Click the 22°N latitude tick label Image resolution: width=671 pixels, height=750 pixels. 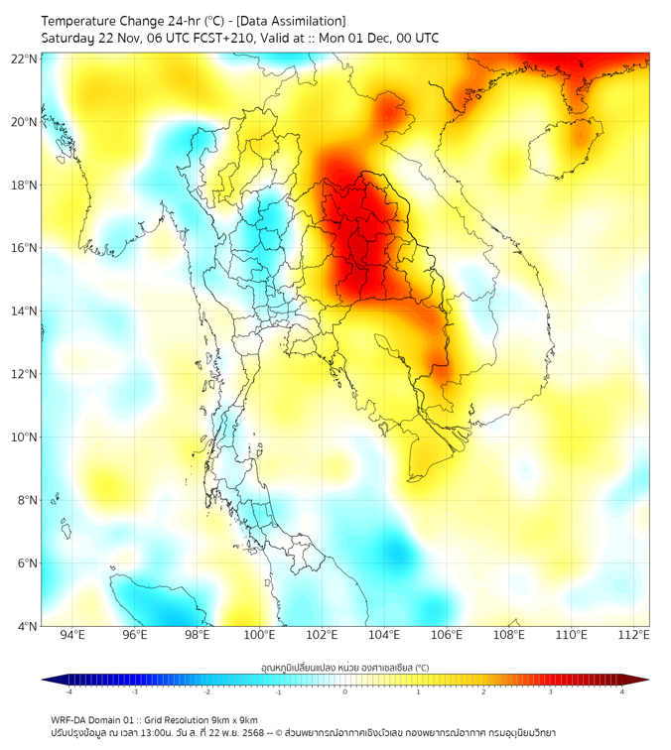click(x=24, y=60)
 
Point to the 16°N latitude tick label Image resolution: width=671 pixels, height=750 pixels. click(x=24, y=248)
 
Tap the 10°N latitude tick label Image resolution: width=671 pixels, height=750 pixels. click(x=24, y=437)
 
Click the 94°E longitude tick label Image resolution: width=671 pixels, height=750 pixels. click(x=72, y=636)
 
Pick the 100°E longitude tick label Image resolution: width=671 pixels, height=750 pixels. click(x=260, y=636)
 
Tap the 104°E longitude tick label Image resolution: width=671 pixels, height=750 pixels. click(x=385, y=636)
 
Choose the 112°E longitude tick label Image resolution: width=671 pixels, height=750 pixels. click(x=634, y=636)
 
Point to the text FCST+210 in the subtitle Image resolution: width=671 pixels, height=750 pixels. click(x=228, y=39)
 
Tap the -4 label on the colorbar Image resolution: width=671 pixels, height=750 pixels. click(x=67, y=691)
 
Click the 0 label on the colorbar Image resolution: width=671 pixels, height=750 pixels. click(x=345, y=691)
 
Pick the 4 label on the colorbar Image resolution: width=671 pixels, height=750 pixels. click(x=622, y=691)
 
